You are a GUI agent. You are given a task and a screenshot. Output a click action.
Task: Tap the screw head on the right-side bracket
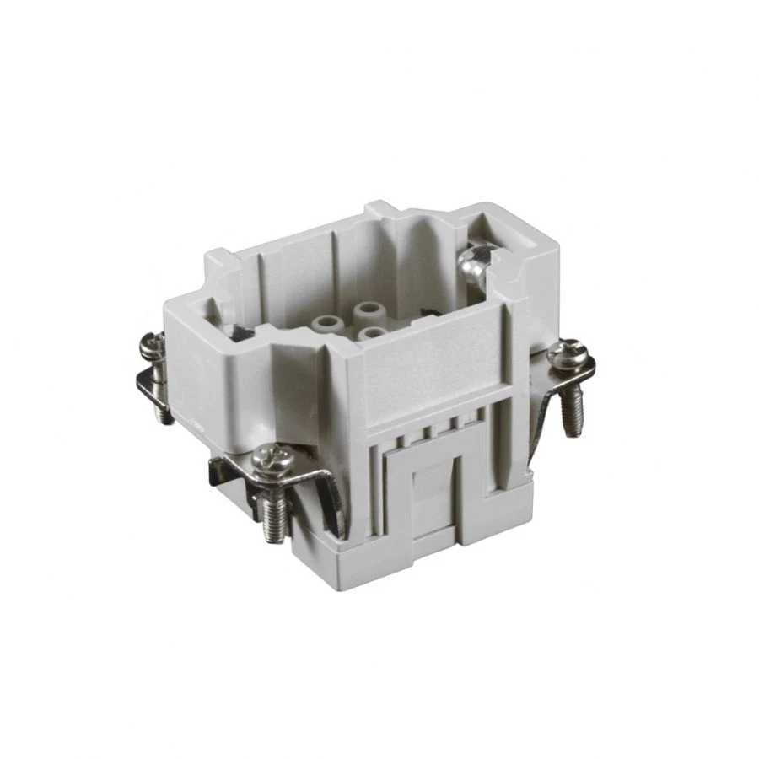coord(566,353)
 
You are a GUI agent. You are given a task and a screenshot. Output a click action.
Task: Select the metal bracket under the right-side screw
coord(548,405)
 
